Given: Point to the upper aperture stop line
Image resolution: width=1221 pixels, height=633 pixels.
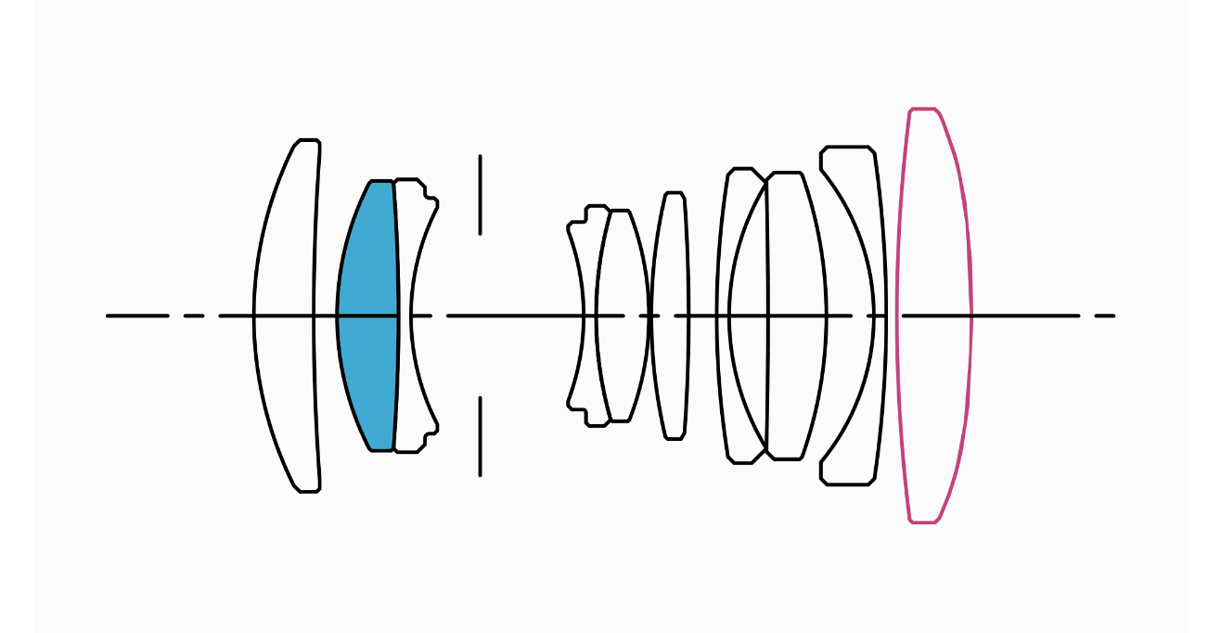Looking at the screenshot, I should (480, 195).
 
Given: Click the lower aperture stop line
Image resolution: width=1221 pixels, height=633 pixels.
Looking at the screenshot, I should (480, 436).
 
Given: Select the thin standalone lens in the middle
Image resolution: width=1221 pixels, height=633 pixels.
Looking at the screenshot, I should (671, 316).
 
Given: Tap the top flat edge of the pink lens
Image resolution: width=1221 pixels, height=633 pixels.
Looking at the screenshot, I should (923, 110).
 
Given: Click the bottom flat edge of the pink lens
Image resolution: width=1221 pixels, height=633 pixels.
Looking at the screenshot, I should (923, 522).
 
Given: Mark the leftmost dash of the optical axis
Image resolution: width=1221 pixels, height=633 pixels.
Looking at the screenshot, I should (137, 316).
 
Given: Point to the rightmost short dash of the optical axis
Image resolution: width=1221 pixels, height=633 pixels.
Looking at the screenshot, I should (1104, 316).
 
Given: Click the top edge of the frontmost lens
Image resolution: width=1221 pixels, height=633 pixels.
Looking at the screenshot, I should (308, 141).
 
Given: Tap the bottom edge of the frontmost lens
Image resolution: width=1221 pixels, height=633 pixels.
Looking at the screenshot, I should (308, 490).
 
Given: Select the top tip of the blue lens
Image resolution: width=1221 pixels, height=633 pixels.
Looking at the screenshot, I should (381, 182).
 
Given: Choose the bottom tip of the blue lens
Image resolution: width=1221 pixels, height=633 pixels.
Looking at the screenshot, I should (381, 449).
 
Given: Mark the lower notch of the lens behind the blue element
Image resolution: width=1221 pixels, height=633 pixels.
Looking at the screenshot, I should (429, 433).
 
